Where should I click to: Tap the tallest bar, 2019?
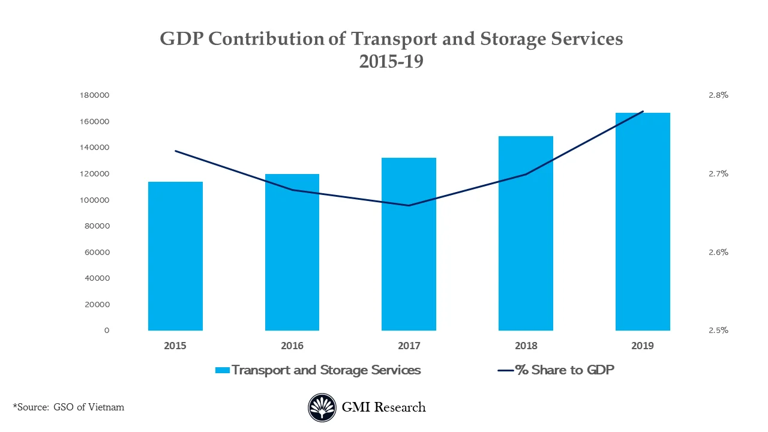[643, 221]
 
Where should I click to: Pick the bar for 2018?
[526, 233]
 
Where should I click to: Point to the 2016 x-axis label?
[292, 346]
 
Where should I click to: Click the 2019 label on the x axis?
[643, 346]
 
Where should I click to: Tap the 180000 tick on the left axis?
[94, 95]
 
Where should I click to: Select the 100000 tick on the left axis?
[94, 200]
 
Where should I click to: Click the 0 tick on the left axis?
[107, 331]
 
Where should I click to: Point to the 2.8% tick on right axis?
[718, 95]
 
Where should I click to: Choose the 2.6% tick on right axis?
[718, 252]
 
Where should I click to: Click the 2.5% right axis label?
[718, 330]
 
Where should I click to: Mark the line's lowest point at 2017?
[409, 206]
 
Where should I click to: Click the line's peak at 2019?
[643, 112]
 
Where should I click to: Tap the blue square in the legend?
[223, 370]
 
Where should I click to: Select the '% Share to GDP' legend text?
[565, 370]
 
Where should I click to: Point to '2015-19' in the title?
[391, 61]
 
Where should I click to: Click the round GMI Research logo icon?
[322, 407]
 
